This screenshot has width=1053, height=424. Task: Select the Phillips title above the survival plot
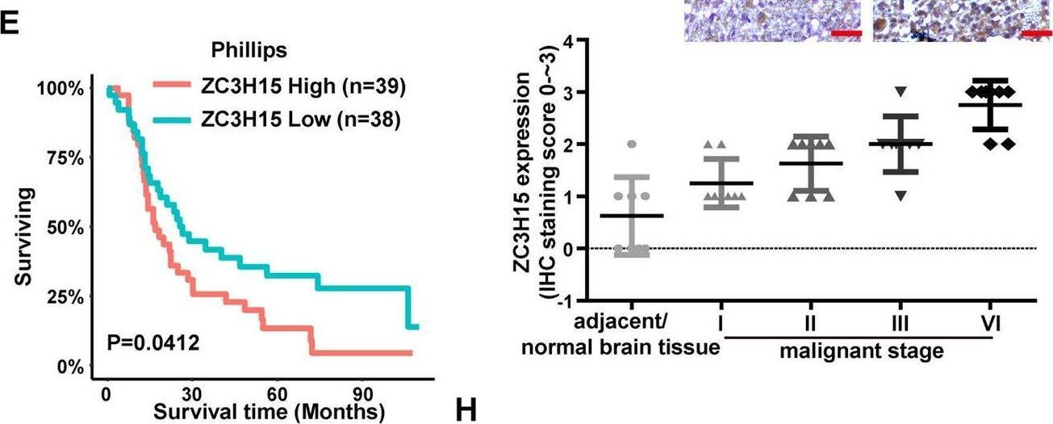250,50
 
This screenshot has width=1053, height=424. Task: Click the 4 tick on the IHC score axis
574,41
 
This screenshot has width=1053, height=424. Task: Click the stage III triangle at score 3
901,90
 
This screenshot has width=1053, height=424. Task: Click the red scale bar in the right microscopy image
1033,34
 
